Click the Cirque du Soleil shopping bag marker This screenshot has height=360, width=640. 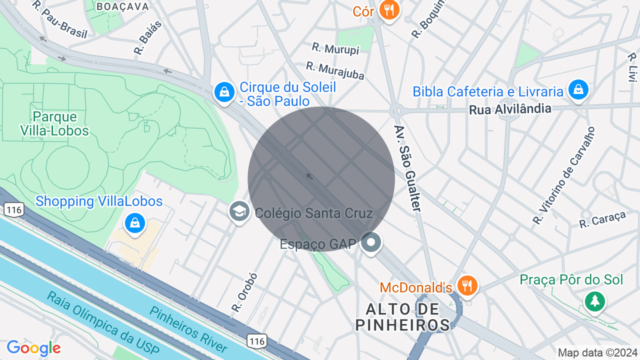point(224,92)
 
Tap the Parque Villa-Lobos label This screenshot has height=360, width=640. point(54,124)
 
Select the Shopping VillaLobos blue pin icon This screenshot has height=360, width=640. point(134,223)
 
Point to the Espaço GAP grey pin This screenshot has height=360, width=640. point(370,243)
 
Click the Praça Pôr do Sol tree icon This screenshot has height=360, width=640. point(594,301)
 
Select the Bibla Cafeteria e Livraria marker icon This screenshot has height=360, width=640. point(578,90)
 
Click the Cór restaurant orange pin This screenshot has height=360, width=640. point(388,9)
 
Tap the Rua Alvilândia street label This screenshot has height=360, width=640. point(510,109)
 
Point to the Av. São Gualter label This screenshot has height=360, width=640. point(408,168)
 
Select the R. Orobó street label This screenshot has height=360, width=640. point(244,293)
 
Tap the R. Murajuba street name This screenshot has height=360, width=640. point(335,70)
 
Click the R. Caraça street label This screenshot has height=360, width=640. point(602,219)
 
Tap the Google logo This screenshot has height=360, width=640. point(34,348)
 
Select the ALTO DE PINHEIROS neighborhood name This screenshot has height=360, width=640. point(403,317)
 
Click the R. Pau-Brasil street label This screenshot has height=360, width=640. point(60,20)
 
